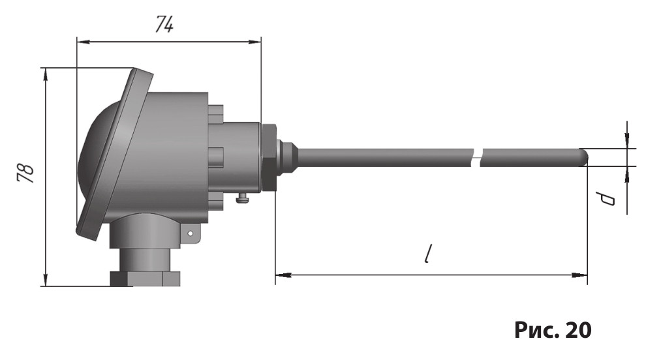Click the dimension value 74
coord(165,24)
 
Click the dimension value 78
coord(25,173)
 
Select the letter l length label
coord(429,254)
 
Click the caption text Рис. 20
coord(553,329)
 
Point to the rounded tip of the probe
coord(584,157)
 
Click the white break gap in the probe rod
coord(476,157)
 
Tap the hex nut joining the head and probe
coord(268,157)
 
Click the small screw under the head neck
coord(243,199)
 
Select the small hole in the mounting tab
coord(191,233)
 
